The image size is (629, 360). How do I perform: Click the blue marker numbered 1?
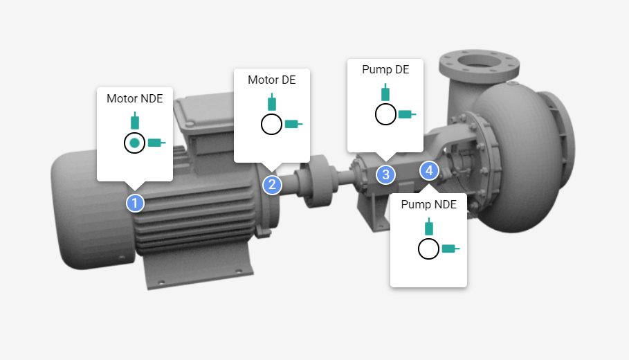point(135,203)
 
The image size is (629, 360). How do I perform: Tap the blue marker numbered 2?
point(272,184)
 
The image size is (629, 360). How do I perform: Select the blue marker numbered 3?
point(385,174)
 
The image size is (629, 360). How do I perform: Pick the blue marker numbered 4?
point(429,170)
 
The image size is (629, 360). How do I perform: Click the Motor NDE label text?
point(135,99)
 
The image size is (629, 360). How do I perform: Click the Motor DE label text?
point(272,80)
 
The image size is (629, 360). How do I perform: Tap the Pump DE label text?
point(385,70)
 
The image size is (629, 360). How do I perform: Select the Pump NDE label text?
point(429,205)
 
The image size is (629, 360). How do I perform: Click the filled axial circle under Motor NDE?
point(135,143)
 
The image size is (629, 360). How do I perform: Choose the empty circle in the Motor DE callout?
point(271,125)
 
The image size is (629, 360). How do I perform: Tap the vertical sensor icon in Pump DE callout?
point(385,93)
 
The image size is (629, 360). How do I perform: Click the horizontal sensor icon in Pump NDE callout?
point(450,249)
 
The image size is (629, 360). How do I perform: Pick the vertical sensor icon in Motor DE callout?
point(272,102)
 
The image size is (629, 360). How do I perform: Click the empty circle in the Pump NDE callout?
point(429,249)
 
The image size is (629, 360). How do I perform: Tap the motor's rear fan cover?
point(76,208)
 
